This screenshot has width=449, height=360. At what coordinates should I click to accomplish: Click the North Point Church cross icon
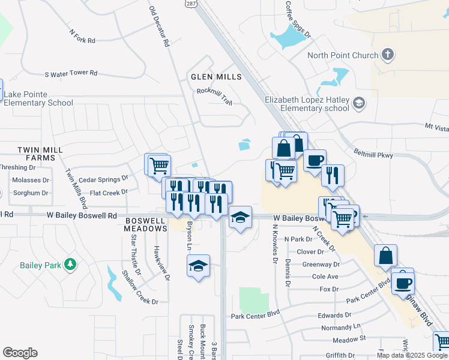coord(388,55)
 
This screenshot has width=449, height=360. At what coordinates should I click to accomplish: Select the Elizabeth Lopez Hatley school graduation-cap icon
coord(359,103)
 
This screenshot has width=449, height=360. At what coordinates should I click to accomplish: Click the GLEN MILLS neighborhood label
coord(216,77)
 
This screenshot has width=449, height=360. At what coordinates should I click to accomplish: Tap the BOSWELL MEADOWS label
coord(145,224)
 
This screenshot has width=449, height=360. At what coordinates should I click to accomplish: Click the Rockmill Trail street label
coord(214,92)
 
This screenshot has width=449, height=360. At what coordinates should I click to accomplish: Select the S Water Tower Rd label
coord(71,73)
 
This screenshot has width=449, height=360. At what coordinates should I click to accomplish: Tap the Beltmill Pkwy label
coord(373,155)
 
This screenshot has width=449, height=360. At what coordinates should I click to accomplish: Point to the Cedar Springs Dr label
coord(103,179)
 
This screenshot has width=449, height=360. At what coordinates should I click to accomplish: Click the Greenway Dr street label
coord(321,264)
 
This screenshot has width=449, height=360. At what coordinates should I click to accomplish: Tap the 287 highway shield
coord(190,4)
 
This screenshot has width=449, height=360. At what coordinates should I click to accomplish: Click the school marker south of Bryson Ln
coord(198,266)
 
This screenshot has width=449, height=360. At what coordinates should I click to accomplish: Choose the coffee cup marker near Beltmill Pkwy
coord(315,160)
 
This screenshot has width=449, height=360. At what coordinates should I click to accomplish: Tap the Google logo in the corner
coord(20,353)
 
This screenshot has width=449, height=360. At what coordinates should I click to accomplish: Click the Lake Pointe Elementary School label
coord(38,98)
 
